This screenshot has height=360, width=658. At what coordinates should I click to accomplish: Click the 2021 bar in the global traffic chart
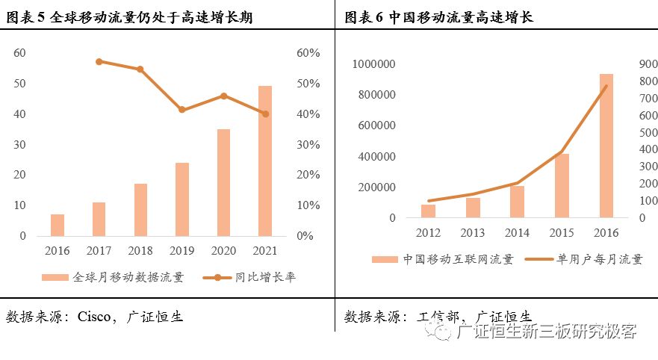[x=265, y=161]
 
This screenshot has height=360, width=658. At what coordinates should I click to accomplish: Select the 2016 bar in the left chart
[x=58, y=225]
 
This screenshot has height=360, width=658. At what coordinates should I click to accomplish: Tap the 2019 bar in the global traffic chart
[x=182, y=199]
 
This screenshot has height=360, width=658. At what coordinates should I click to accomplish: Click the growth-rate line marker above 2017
[x=99, y=61]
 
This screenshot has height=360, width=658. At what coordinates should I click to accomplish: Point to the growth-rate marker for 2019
[x=182, y=110]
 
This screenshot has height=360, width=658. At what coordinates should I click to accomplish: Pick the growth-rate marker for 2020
[x=223, y=96]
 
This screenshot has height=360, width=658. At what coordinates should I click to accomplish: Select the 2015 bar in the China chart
[x=562, y=185]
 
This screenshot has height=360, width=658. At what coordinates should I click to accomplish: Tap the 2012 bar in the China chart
[x=428, y=211]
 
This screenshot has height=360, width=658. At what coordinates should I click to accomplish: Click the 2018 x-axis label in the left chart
[x=140, y=250]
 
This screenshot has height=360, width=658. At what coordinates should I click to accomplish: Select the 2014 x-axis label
[x=517, y=233]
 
